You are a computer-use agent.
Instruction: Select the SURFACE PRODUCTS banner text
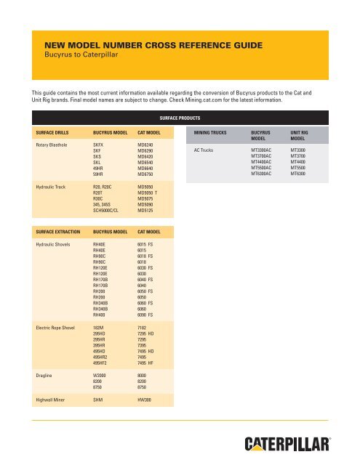(180, 116)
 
